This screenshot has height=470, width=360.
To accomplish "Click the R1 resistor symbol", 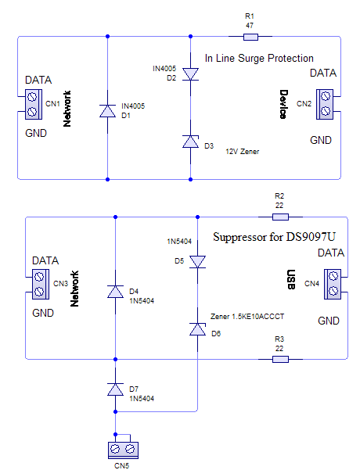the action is (x=250, y=37).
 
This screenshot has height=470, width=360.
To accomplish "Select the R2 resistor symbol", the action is (x=280, y=217).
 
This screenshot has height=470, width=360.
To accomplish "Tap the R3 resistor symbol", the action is (x=280, y=359).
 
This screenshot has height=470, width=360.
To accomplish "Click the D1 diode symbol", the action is (x=108, y=111).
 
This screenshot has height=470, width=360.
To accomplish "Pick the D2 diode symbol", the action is (x=190, y=74).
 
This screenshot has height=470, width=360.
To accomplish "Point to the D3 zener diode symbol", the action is (x=190, y=142).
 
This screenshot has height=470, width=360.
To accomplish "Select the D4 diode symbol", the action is (x=116, y=292).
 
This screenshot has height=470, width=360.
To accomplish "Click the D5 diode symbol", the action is (x=198, y=262).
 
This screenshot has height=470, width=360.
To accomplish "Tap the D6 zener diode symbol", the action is (x=198, y=329).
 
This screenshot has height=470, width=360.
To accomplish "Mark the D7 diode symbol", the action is (x=116, y=389).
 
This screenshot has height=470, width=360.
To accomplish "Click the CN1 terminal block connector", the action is (x=34, y=104).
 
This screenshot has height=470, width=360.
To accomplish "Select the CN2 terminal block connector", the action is (x=325, y=104).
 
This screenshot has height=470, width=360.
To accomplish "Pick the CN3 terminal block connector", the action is (x=41, y=284).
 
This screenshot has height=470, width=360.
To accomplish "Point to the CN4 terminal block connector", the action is (x=333, y=284).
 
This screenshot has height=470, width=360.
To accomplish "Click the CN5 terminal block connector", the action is (x=123, y=450).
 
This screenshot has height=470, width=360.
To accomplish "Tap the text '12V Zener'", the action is (x=243, y=152).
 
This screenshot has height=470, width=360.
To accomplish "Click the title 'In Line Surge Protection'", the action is (x=259, y=58).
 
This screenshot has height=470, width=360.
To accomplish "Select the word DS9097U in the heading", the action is (x=311, y=237).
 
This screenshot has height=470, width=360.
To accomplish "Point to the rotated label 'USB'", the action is (x=291, y=280).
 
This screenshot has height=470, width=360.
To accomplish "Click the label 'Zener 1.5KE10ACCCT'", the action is (x=247, y=317).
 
